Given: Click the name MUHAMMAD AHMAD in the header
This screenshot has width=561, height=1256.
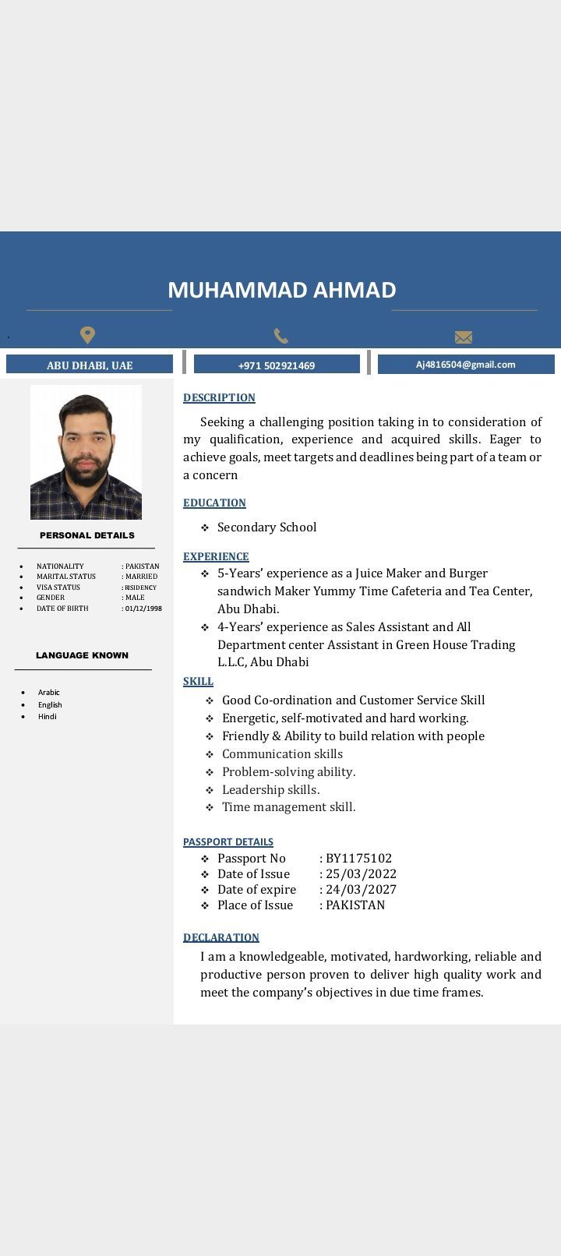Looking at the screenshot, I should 281,290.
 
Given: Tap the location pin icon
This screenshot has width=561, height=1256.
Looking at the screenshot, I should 88,335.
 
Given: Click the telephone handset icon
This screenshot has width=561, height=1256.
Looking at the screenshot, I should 281,336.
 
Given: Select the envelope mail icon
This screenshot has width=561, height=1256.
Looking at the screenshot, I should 464,337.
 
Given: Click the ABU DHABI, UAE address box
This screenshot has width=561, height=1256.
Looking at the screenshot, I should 90,365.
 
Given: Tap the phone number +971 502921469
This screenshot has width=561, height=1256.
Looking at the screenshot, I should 277,365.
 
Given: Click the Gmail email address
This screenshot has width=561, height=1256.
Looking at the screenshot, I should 465,364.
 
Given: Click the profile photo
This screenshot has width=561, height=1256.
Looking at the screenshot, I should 86,452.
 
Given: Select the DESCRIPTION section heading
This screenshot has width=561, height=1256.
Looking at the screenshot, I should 219,397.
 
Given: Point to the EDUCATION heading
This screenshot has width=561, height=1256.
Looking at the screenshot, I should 214,503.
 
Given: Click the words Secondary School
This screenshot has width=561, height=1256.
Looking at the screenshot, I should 266,527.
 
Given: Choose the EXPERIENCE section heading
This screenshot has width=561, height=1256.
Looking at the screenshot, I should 216,556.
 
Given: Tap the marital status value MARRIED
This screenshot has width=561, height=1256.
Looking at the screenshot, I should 141,577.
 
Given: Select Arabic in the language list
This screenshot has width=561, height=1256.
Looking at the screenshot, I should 49,692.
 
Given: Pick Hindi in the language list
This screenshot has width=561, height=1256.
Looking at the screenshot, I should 48,716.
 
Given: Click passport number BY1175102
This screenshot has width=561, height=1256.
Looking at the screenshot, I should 358,859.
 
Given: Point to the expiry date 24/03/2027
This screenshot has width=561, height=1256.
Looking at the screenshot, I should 361,890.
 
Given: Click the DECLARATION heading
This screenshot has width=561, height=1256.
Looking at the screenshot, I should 221,937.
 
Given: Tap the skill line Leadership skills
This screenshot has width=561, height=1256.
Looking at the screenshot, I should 270,789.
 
